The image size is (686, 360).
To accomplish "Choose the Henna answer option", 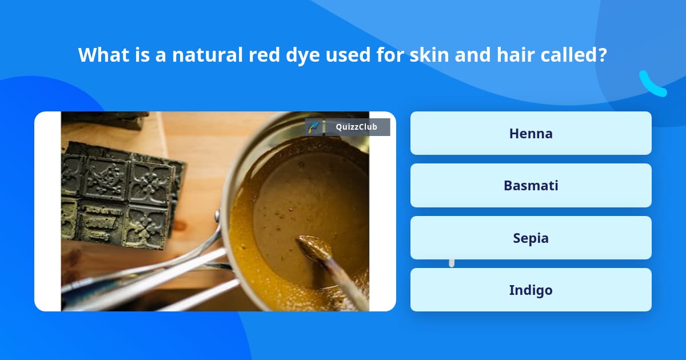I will tap(531, 133).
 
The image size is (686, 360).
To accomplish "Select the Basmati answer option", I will tap(531, 185).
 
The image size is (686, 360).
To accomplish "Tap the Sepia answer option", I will tap(531, 238).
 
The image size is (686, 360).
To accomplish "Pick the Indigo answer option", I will tap(531, 290).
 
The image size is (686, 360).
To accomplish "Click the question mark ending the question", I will tap(603, 55).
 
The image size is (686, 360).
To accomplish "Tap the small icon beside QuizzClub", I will tap(313, 127).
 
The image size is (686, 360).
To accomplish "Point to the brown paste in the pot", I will tap(303, 200).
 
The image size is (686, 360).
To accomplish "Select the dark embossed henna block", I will tap(120, 194).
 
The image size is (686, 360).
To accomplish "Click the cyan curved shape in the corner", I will tap(652, 85).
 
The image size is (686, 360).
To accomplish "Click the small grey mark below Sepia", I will tap(452, 263).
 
